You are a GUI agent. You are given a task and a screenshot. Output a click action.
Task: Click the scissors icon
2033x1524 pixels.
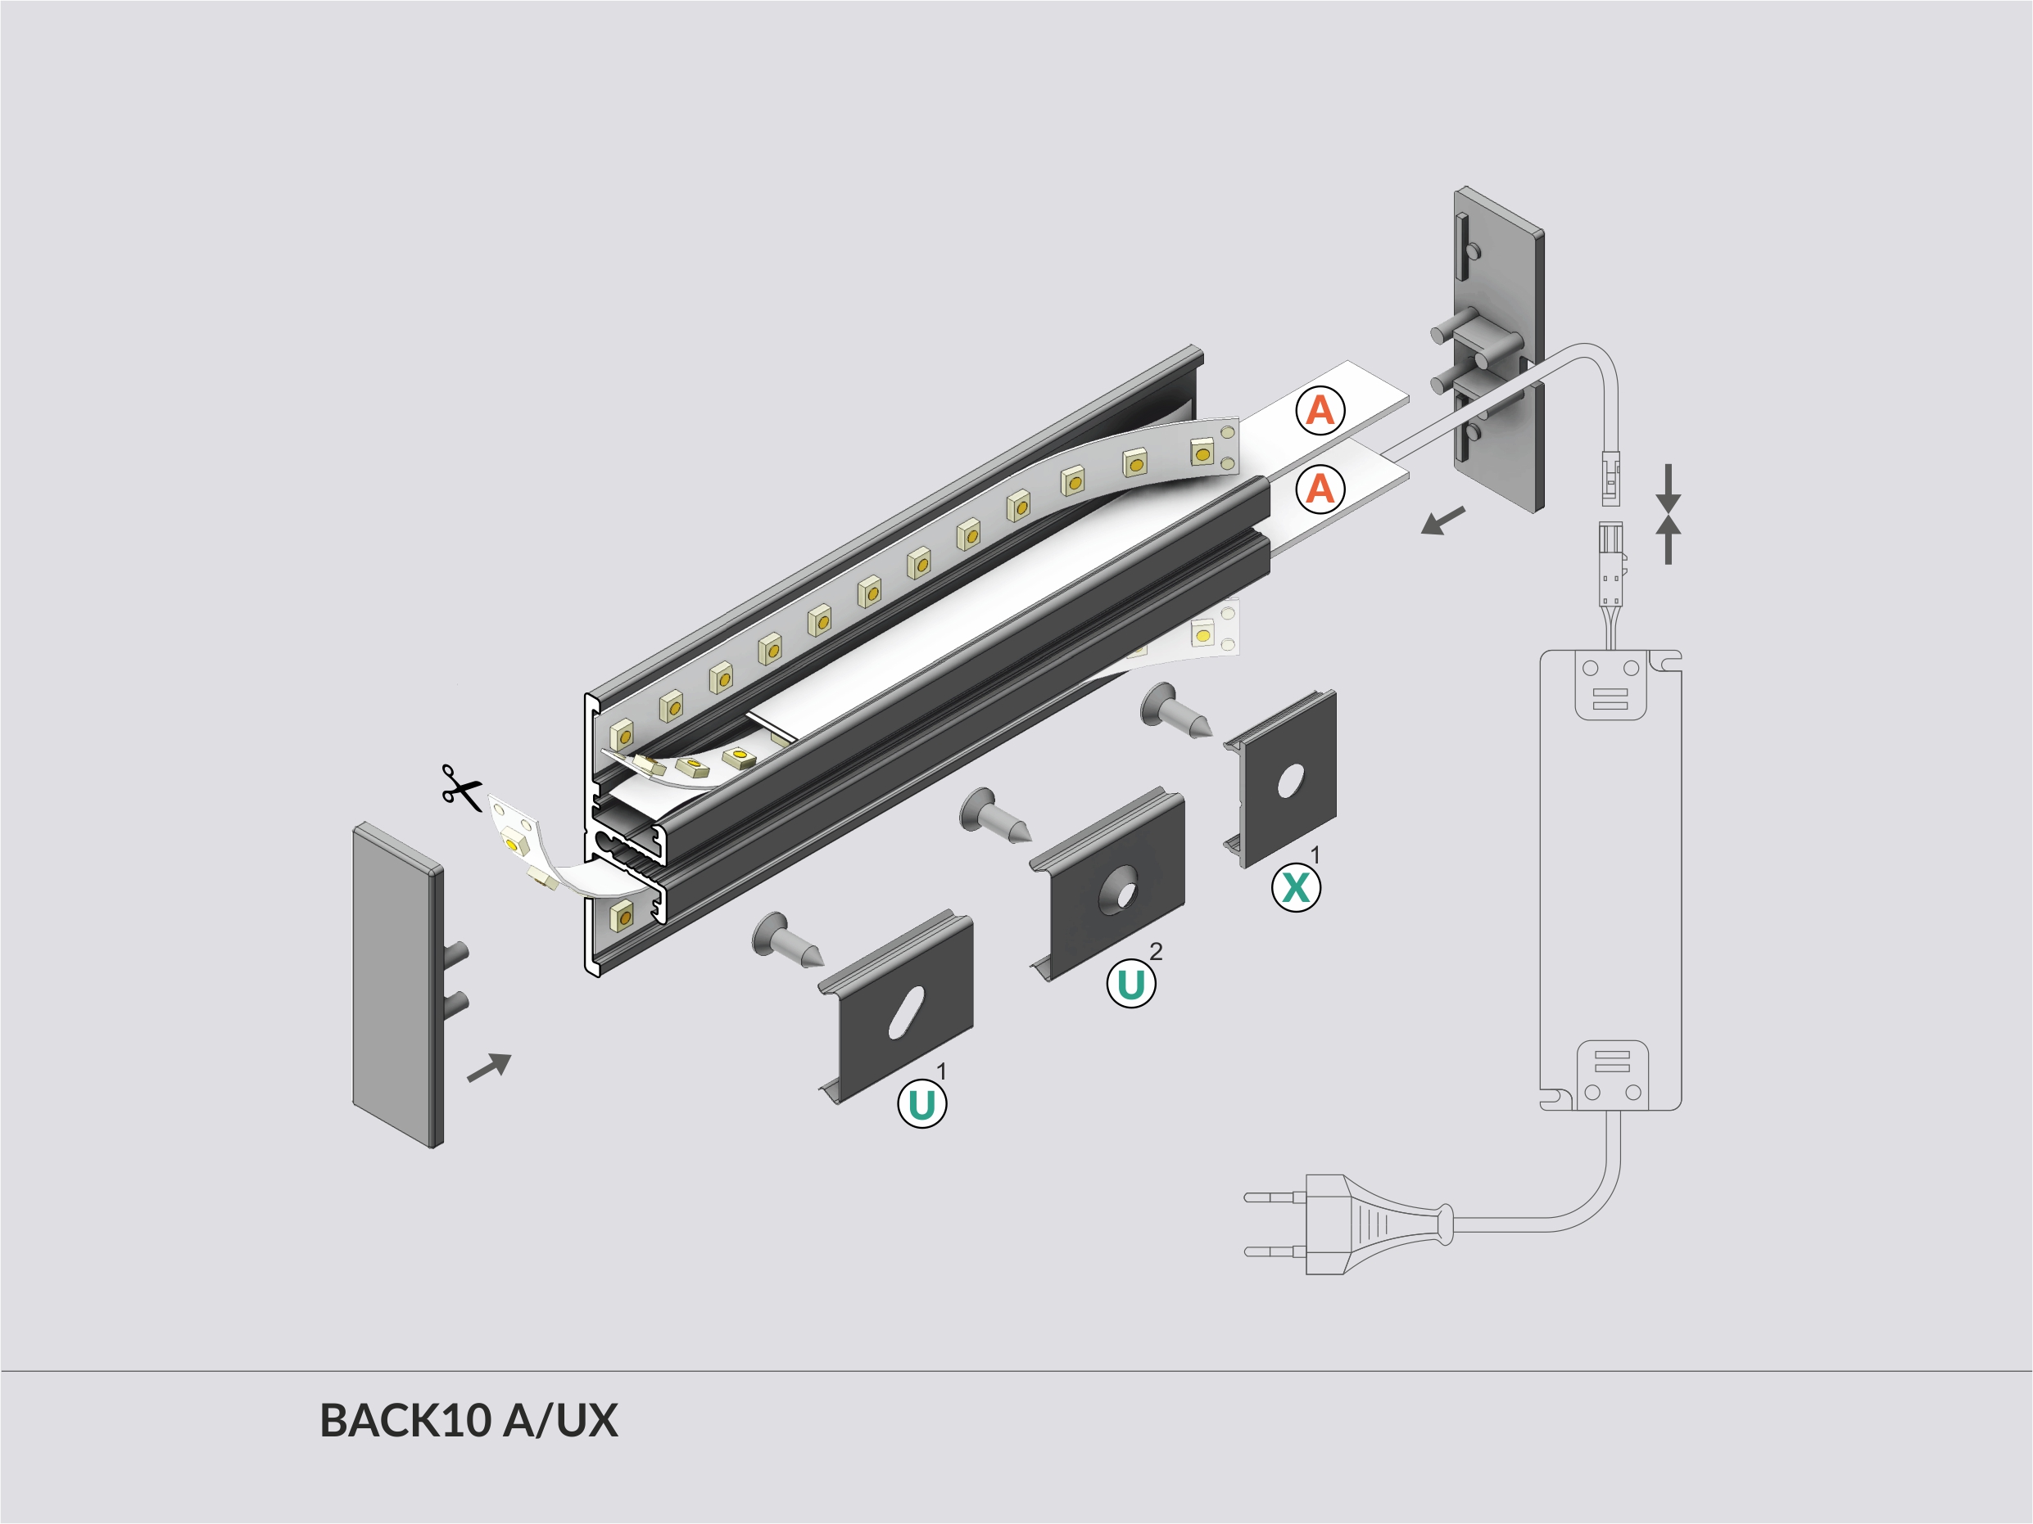(461, 788)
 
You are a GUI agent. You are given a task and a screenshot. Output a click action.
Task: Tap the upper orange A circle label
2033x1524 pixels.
(1320, 411)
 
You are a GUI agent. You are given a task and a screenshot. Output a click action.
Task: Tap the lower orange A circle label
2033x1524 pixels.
(1320, 489)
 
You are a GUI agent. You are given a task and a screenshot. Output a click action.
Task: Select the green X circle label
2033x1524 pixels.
(1296, 888)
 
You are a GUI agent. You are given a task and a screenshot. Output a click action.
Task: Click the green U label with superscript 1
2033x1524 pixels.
(921, 1104)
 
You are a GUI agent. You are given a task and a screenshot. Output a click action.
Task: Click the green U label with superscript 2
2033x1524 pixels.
(1130, 984)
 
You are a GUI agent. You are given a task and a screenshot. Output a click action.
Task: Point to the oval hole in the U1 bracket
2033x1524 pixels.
(906, 1013)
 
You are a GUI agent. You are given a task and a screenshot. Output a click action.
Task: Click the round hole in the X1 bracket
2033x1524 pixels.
(1289, 781)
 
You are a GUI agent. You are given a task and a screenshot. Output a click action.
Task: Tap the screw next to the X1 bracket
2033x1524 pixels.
(1175, 711)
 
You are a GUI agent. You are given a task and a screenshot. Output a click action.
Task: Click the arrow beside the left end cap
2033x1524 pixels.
(489, 1067)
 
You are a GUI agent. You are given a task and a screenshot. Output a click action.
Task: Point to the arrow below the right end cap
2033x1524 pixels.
(1442, 521)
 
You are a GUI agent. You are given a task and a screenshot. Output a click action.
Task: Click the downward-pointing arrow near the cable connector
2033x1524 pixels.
(1669, 487)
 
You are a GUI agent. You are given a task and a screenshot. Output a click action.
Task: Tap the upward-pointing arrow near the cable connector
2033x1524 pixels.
(1669, 540)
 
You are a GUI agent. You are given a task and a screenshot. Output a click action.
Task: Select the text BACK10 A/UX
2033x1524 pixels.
(469, 1420)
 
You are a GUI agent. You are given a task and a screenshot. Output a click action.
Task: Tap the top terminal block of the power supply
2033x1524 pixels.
(1610, 684)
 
